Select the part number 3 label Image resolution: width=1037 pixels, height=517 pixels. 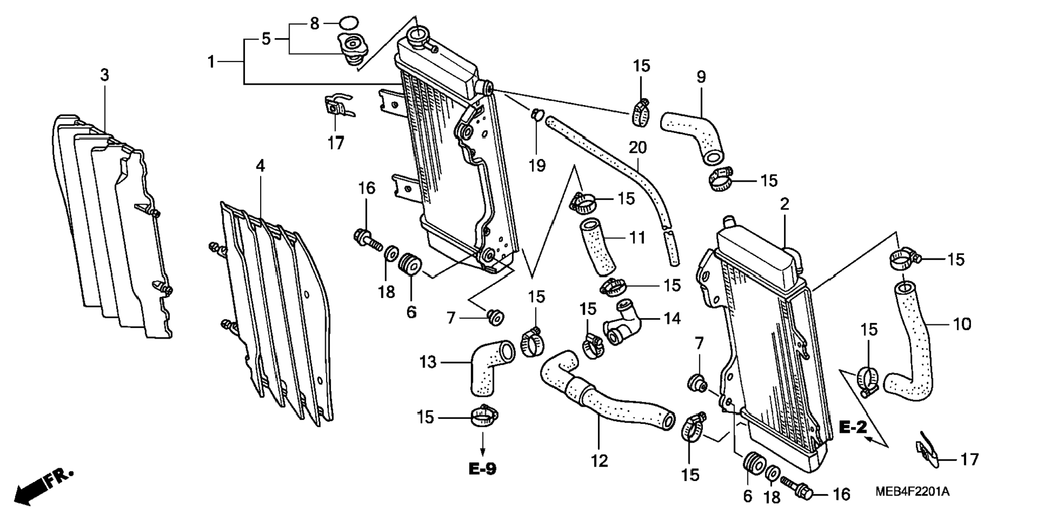click(x=105, y=75)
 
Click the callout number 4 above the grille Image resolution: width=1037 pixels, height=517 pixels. click(x=260, y=166)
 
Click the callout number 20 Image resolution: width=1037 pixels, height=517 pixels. click(x=638, y=147)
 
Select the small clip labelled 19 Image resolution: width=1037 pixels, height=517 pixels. click(x=537, y=114)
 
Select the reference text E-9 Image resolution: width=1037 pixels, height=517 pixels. click(x=483, y=469)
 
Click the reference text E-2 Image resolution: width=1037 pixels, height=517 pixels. click(x=853, y=427)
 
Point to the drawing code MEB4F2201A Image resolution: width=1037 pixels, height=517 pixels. click(x=912, y=491)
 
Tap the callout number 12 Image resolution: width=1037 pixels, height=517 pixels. click(x=599, y=460)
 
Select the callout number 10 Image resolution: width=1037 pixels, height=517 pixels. click(x=961, y=324)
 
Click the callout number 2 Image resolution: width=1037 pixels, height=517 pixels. click(x=784, y=204)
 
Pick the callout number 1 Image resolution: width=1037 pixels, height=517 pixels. click(x=211, y=62)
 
